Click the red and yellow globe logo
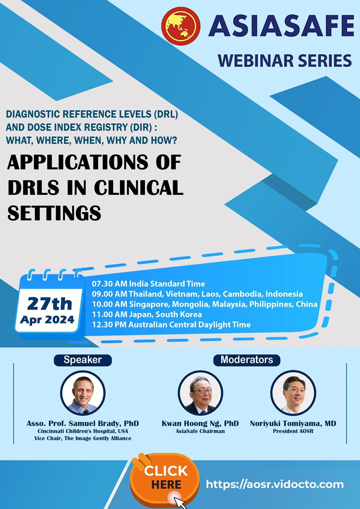(x=181, y=26)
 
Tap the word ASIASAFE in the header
(x=281, y=26)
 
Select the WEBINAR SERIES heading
(x=285, y=60)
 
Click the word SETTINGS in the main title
(x=54, y=213)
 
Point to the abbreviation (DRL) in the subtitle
(x=166, y=114)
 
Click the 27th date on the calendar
(x=50, y=304)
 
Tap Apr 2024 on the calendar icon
(x=47, y=320)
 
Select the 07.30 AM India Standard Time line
(x=148, y=284)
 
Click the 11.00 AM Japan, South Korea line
(x=147, y=314)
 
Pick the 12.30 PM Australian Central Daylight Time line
(x=171, y=325)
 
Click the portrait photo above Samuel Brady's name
(x=83, y=393)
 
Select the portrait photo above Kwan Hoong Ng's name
(x=200, y=393)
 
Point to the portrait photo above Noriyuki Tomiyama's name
(x=293, y=393)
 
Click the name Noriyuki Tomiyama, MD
(x=293, y=423)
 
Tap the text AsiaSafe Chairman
(x=200, y=431)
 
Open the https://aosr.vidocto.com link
(x=275, y=484)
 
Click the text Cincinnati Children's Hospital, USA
(x=83, y=431)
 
